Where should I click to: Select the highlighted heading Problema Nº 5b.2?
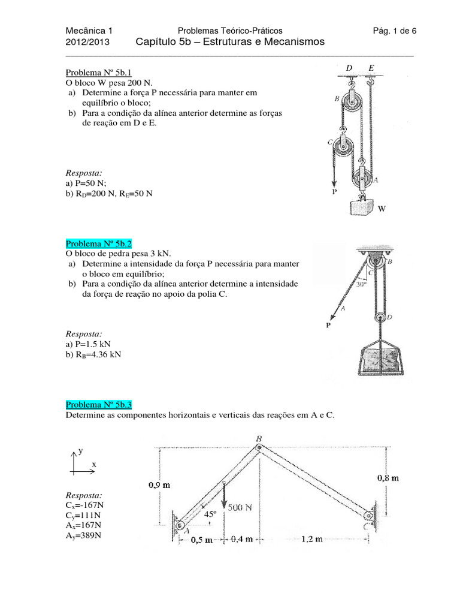(x=98, y=243)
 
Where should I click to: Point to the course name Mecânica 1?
(x=89, y=31)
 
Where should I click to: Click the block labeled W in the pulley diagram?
(x=362, y=208)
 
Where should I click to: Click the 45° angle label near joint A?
(x=209, y=514)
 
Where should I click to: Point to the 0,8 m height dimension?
(x=388, y=478)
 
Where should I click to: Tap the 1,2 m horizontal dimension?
(x=311, y=539)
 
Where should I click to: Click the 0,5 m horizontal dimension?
(x=201, y=540)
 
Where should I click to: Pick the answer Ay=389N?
(x=83, y=535)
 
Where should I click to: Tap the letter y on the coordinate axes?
(x=80, y=449)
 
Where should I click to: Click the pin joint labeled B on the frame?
(x=259, y=447)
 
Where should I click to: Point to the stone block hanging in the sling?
(x=379, y=361)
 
